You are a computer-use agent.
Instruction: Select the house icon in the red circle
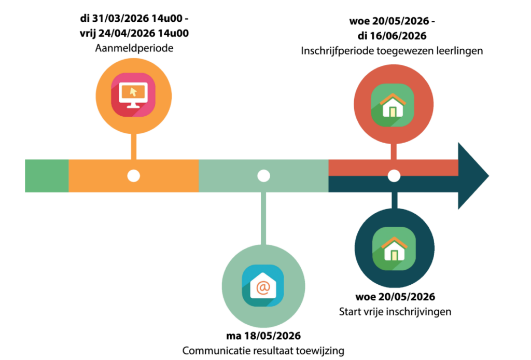pos(394,104)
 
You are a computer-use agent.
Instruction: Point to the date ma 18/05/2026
pos(263,336)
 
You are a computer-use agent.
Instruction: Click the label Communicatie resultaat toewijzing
pos(263,351)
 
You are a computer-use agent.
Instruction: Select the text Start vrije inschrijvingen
pos(395,312)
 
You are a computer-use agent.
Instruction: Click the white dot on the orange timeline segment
pos(134,176)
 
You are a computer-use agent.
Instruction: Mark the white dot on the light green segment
pos(263,176)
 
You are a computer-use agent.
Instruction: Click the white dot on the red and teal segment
pos(394,176)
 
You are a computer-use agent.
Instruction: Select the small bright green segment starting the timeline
pos(47,176)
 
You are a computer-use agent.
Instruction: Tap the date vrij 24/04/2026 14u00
pos(133,34)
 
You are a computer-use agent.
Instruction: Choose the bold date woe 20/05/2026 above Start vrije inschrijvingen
pos(395,297)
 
